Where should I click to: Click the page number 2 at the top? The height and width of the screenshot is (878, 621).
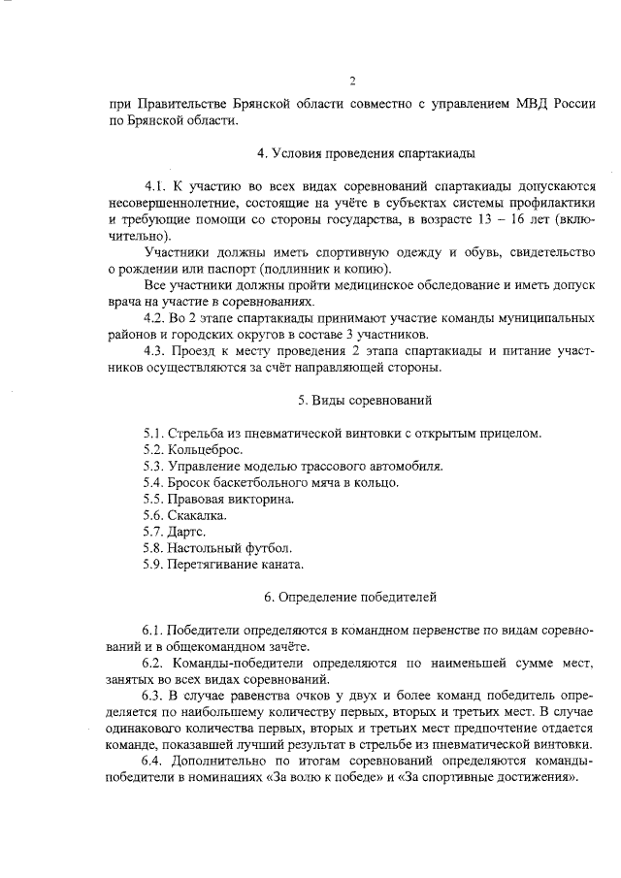tap(352, 81)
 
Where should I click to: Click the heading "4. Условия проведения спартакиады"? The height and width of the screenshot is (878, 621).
tap(352, 153)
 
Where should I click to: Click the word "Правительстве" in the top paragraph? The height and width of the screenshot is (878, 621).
tap(180, 102)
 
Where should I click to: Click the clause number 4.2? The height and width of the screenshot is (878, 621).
tap(155, 317)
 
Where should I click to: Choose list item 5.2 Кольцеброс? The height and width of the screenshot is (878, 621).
tap(192, 449)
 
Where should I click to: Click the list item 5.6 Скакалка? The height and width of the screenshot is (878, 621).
tap(184, 515)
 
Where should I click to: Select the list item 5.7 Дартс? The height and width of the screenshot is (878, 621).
tap(177, 532)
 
